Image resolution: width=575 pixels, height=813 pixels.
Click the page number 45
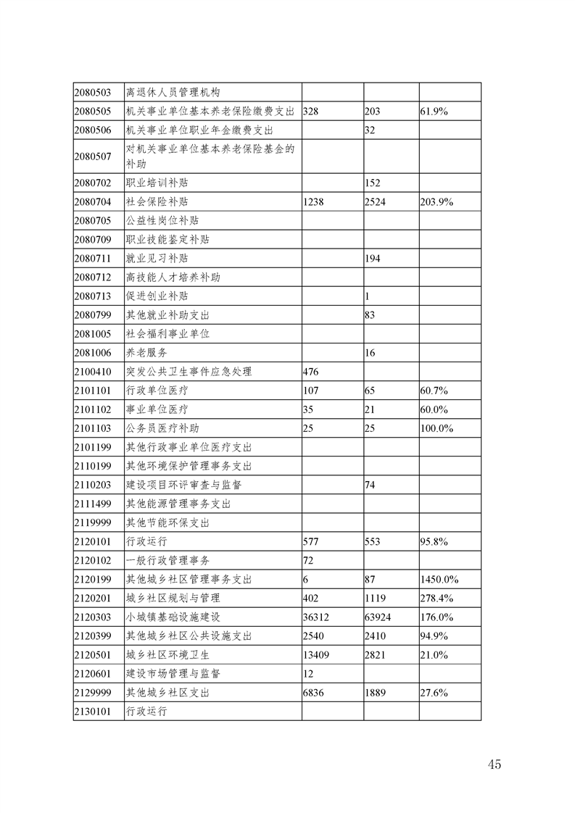click(x=495, y=764)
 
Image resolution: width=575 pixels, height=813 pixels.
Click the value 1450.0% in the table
click(x=439, y=580)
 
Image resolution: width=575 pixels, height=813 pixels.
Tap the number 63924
click(x=381, y=617)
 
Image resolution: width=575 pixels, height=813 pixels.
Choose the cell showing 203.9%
click(x=437, y=202)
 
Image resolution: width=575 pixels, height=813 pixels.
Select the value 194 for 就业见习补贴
click(x=373, y=259)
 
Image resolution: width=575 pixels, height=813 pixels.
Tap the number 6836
click(x=315, y=693)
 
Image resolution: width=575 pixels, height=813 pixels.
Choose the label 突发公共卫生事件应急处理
click(x=189, y=372)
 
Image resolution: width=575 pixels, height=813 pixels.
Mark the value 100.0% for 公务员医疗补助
click(x=437, y=428)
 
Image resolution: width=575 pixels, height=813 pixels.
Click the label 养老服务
click(x=147, y=353)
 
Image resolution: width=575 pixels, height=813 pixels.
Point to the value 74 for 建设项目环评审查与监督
click(x=370, y=485)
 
